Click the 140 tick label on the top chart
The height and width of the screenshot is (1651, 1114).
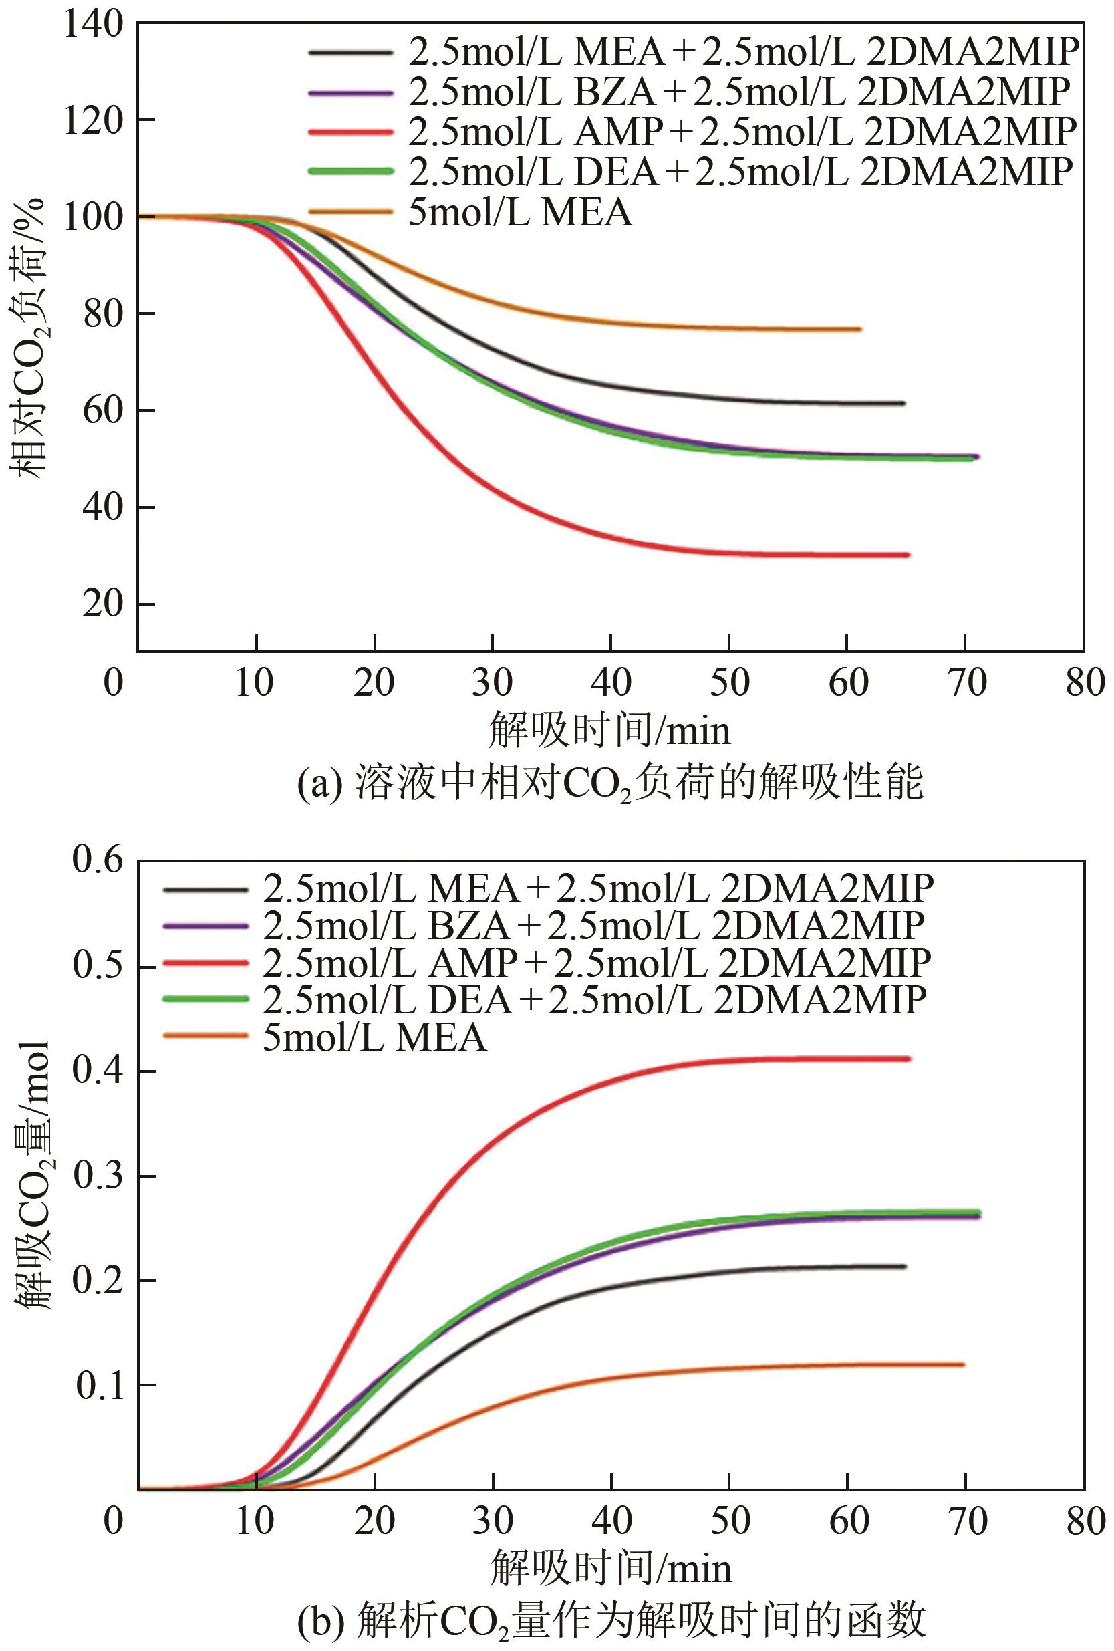click(x=92, y=25)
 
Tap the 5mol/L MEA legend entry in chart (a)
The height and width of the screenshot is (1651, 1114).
click(x=519, y=212)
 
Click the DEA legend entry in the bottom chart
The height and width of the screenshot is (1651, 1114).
click(x=594, y=1000)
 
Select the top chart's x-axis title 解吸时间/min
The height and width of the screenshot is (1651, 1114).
click(x=609, y=731)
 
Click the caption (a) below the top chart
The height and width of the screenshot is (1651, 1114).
click(x=609, y=783)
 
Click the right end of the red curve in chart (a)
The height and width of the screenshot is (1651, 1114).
click(x=908, y=555)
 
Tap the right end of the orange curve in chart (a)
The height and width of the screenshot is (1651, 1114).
click(x=859, y=329)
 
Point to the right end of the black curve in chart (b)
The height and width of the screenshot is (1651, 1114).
click(x=904, y=1267)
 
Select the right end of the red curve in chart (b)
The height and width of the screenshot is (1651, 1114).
click(x=909, y=1059)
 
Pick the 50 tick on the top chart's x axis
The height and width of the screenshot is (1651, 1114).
click(x=730, y=683)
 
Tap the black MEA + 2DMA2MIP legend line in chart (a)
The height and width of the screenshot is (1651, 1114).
click(x=350, y=52)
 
